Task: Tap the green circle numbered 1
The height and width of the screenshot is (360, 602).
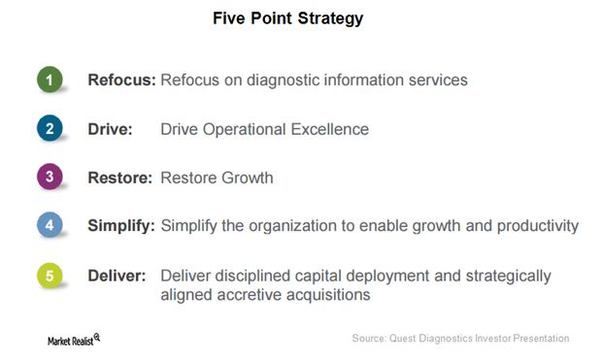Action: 50,80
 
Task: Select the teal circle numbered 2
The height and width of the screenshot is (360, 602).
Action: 50,128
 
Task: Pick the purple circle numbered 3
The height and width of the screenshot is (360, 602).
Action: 50,177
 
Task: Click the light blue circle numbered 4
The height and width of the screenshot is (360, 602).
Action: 50,225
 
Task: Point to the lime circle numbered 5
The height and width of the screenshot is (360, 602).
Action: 50,277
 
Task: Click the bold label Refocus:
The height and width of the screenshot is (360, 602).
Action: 121,80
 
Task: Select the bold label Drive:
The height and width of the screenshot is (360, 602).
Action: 110,128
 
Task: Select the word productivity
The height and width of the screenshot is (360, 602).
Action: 536,226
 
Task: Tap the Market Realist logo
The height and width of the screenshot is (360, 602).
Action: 75,338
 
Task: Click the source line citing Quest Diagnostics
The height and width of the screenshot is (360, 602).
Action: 460,338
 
